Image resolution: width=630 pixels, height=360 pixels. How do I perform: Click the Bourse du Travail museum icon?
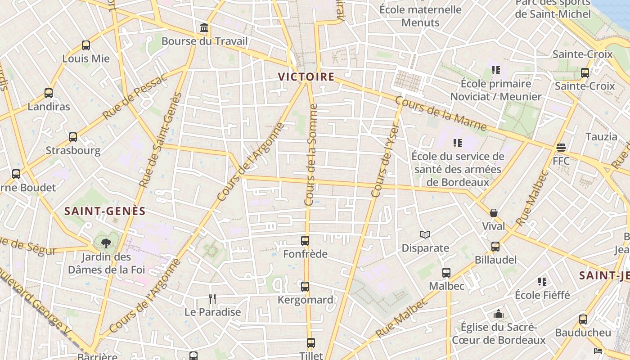[204, 28]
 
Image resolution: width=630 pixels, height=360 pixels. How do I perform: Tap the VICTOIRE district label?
[306, 77]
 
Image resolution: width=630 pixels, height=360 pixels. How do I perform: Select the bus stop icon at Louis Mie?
[86, 45]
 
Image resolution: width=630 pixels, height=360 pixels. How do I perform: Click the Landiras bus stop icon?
[49, 94]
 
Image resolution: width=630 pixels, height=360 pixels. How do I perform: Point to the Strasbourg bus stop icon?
[73, 137]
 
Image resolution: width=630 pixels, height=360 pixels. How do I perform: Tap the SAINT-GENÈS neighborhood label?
[105, 211]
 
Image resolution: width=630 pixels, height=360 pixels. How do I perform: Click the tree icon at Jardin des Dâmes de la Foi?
[106, 244]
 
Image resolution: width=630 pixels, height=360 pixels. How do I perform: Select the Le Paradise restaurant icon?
[212, 299]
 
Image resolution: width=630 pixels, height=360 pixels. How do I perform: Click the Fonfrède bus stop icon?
[305, 241]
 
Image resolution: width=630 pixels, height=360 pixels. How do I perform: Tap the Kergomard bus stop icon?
[305, 287]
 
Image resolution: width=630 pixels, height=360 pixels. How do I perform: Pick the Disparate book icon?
[425, 235]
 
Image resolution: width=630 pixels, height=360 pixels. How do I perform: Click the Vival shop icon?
[494, 213]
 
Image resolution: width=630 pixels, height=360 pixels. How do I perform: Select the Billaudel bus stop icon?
[495, 247]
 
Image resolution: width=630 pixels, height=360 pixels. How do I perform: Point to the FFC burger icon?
[561, 148]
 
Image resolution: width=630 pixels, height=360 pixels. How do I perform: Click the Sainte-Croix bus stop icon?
[585, 72]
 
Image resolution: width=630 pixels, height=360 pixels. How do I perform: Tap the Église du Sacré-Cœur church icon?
[498, 314]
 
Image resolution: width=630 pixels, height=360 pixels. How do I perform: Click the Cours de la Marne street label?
[441, 115]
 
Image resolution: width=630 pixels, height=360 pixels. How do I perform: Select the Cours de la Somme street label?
[311, 155]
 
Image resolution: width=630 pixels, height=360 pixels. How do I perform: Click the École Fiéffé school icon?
[542, 282]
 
